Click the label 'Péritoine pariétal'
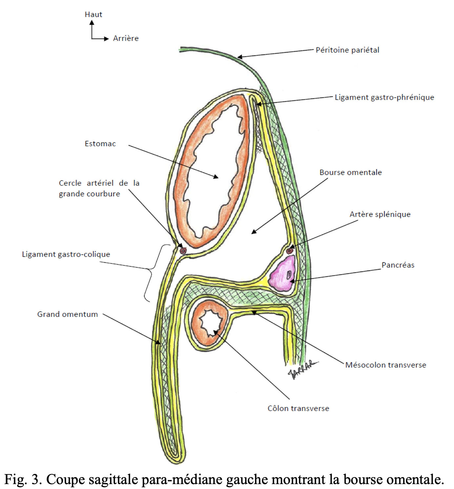(347, 50)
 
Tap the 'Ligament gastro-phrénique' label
(384, 97)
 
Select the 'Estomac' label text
(100, 144)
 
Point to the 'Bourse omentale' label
(350, 172)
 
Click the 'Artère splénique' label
(380, 214)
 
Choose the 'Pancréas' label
(398, 265)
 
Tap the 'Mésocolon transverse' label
(385, 365)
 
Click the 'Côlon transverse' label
(298, 408)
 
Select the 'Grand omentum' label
(68, 314)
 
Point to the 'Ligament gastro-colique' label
(66, 254)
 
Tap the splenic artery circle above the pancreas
(289, 251)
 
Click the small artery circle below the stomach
(183, 251)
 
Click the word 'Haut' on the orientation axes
(93, 14)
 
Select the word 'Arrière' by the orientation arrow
(126, 38)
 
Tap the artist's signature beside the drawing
(302, 369)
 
